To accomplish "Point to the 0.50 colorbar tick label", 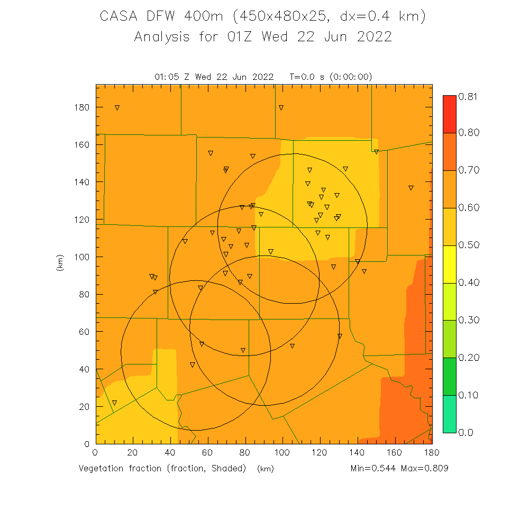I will click(469, 245).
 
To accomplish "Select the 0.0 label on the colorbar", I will click(466, 432).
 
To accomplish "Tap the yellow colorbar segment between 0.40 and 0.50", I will click(449, 264).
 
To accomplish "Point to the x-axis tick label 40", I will click(170, 453).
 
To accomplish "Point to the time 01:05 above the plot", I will click(167, 77).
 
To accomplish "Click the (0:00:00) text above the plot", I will click(351, 77).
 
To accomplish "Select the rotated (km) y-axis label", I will click(59, 263).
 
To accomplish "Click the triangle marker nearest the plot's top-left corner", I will click(117, 108).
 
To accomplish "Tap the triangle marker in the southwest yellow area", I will click(114, 403).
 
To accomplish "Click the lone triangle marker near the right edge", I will click(411, 188).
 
